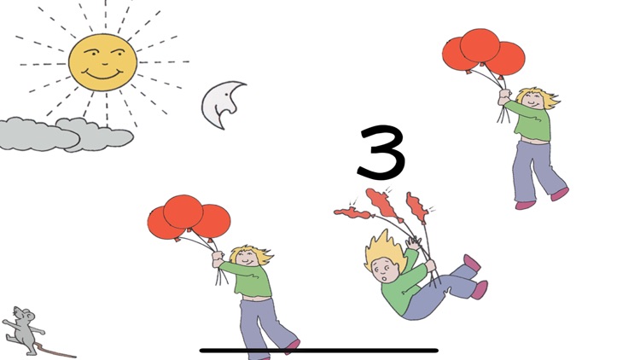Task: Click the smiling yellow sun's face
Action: [x=102, y=62]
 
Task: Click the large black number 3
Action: [x=381, y=152]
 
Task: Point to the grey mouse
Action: [x=23, y=330]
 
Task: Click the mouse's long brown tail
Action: [x=55, y=351]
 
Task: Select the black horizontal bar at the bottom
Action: [x=319, y=351]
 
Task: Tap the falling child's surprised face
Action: [x=386, y=271]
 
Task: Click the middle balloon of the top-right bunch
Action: [x=480, y=46]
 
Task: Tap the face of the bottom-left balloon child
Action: [x=247, y=257]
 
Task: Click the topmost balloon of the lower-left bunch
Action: [x=183, y=212]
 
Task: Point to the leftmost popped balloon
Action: [x=353, y=213]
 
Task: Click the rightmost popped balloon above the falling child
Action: [x=417, y=208]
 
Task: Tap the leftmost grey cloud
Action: [x=38, y=135]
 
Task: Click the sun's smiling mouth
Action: [x=103, y=75]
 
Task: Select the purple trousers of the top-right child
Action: [x=535, y=171]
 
